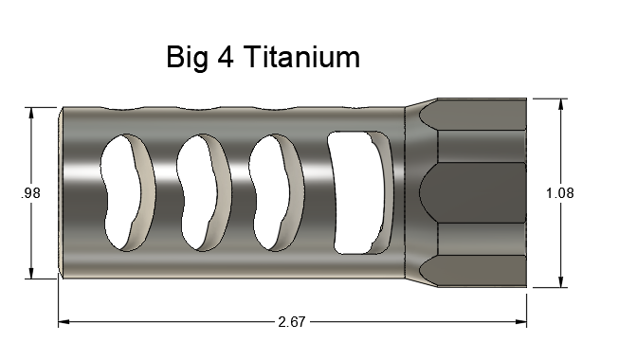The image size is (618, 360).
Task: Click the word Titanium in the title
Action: tap(301, 57)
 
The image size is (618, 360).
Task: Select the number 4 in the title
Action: tap(225, 57)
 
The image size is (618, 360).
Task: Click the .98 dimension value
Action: tap(30, 193)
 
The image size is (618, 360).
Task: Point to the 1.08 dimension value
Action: tap(559, 193)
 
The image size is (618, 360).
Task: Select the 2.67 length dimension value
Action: tap(292, 322)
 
